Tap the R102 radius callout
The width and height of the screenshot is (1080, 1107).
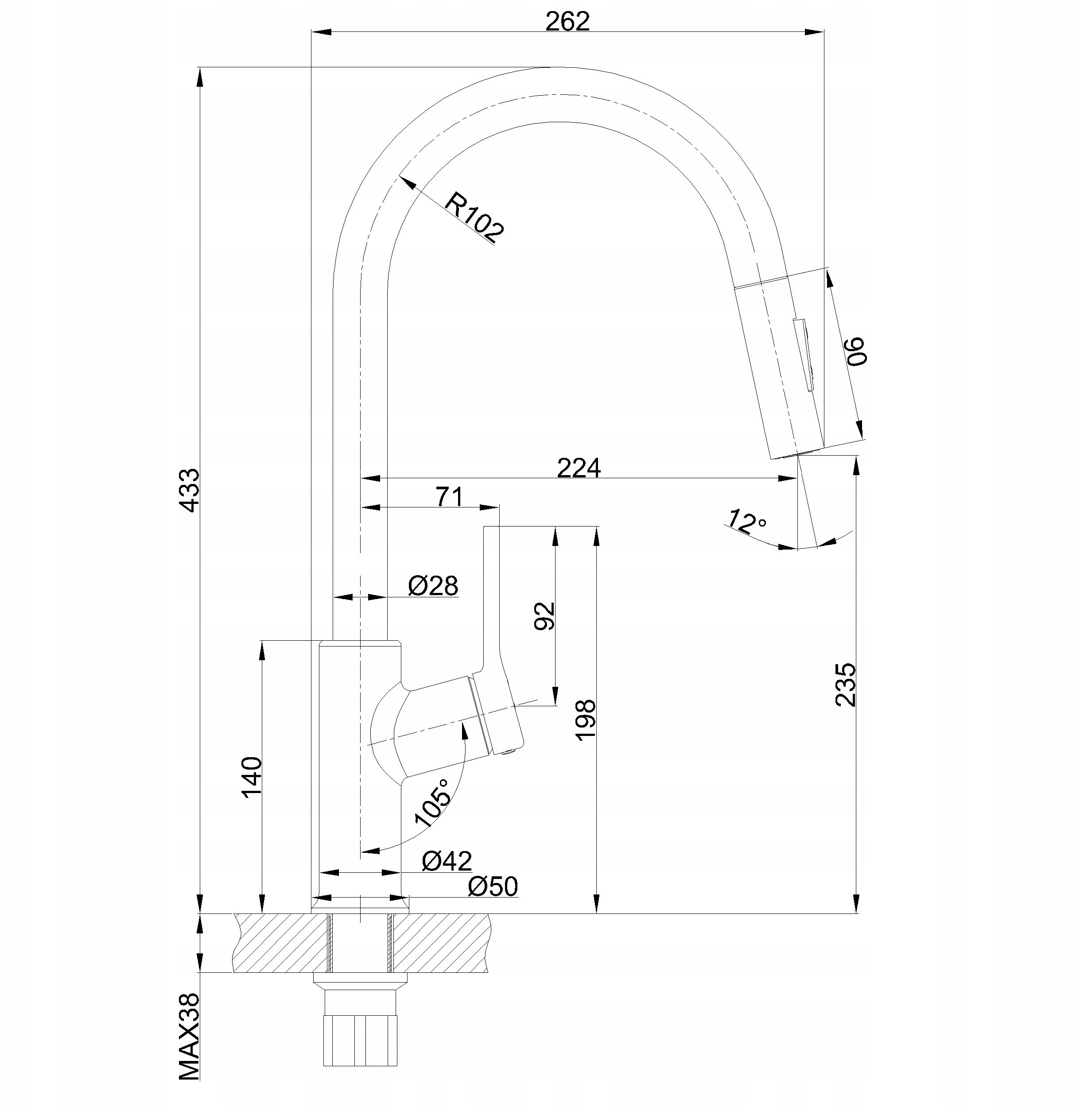pyautogui.click(x=474, y=217)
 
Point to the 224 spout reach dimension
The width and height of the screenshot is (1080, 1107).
pyautogui.click(x=579, y=468)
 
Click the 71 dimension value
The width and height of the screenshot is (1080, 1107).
pyautogui.click(x=449, y=497)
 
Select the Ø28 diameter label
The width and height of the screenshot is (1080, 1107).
pyautogui.click(x=433, y=586)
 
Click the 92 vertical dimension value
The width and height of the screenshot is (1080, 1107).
pyautogui.click(x=544, y=616)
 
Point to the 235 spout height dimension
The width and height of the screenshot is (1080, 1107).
pyautogui.click(x=845, y=685)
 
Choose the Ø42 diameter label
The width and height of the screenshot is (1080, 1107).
pyautogui.click(x=447, y=861)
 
